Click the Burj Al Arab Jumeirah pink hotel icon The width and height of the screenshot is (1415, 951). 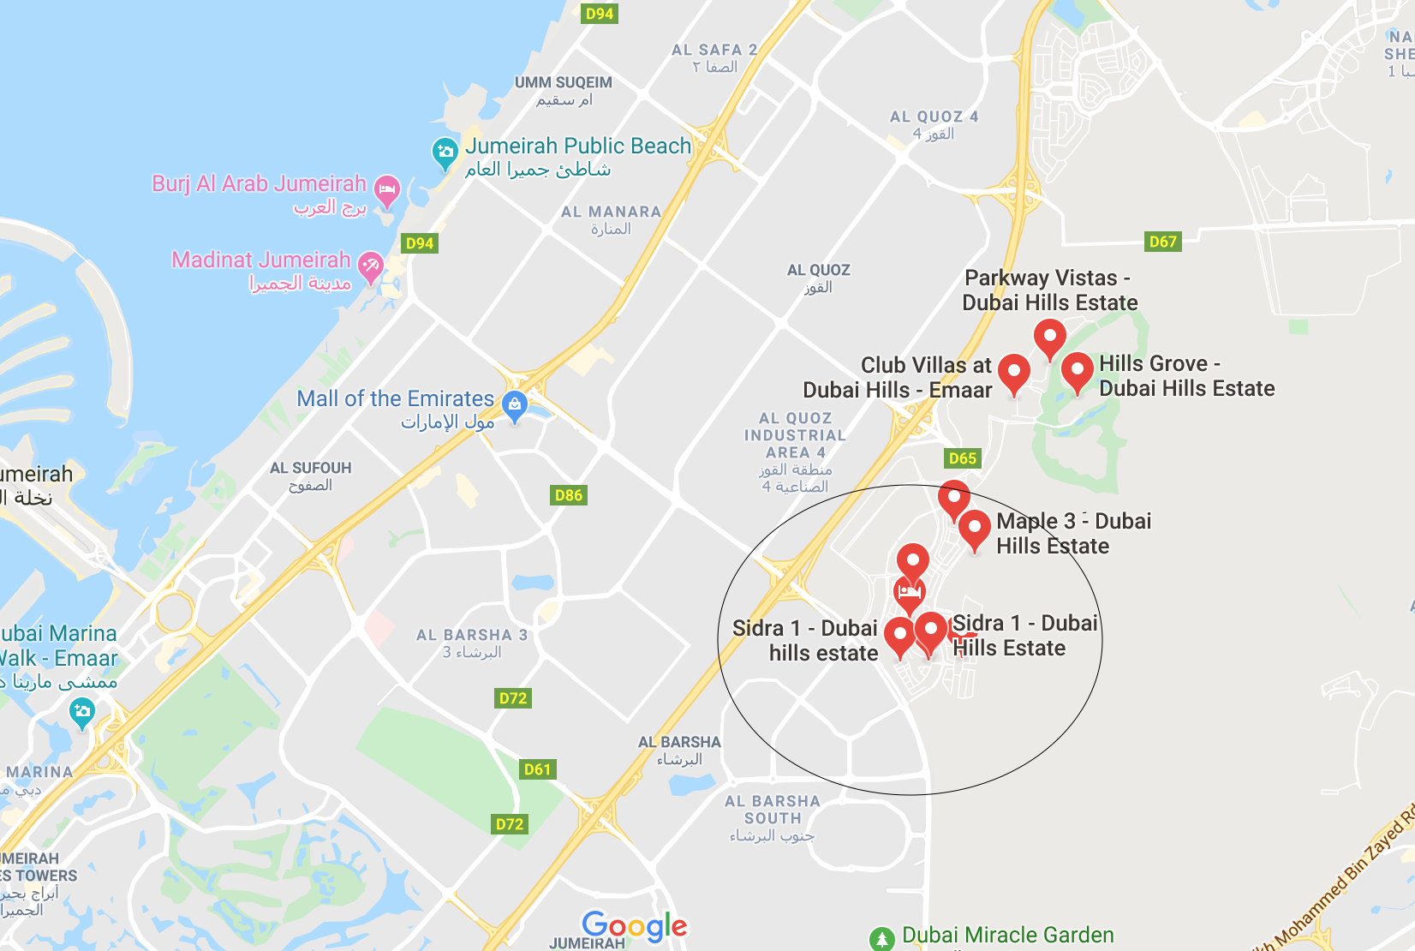click(387, 189)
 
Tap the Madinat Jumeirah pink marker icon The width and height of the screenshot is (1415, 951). click(370, 265)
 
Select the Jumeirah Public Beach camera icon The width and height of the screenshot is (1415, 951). click(445, 153)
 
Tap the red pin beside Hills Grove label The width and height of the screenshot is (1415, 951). click(1077, 370)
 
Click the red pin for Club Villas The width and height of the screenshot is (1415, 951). click(1014, 372)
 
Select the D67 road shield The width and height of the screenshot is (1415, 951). click(1162, 242)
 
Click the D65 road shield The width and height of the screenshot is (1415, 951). click(962, 458)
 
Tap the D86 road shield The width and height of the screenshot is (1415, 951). click(568, 495)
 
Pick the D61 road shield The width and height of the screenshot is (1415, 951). click(537, 769)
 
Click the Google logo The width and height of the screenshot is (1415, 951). click(634, 925)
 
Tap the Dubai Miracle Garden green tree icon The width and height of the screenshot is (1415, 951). click(881, 939)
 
